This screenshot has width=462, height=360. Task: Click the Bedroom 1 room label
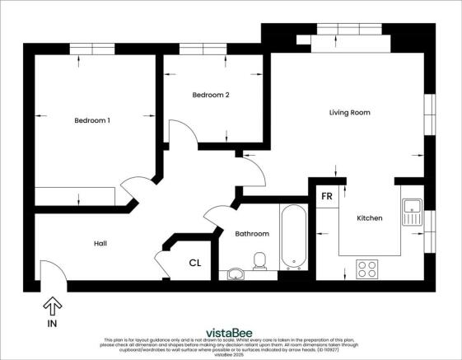(x=92, y=120)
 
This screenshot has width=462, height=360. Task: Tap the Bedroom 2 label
(x=210, y=95)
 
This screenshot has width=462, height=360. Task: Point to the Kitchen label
(x=368, y=218)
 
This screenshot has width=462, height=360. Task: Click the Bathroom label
(x=252, y=234)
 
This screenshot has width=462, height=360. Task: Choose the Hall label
(x=100, y=243)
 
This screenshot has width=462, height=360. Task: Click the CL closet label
(x=194, y=264)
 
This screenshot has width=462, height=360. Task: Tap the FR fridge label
(x=326, y=198)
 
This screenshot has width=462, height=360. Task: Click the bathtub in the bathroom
(x=293, y=238)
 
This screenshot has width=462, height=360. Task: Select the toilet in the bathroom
(x=260, y=263)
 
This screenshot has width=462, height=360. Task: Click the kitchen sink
(x=412, y=211)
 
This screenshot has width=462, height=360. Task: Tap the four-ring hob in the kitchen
(x=366, y=269)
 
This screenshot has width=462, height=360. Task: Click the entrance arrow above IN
(x=52, y=307)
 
